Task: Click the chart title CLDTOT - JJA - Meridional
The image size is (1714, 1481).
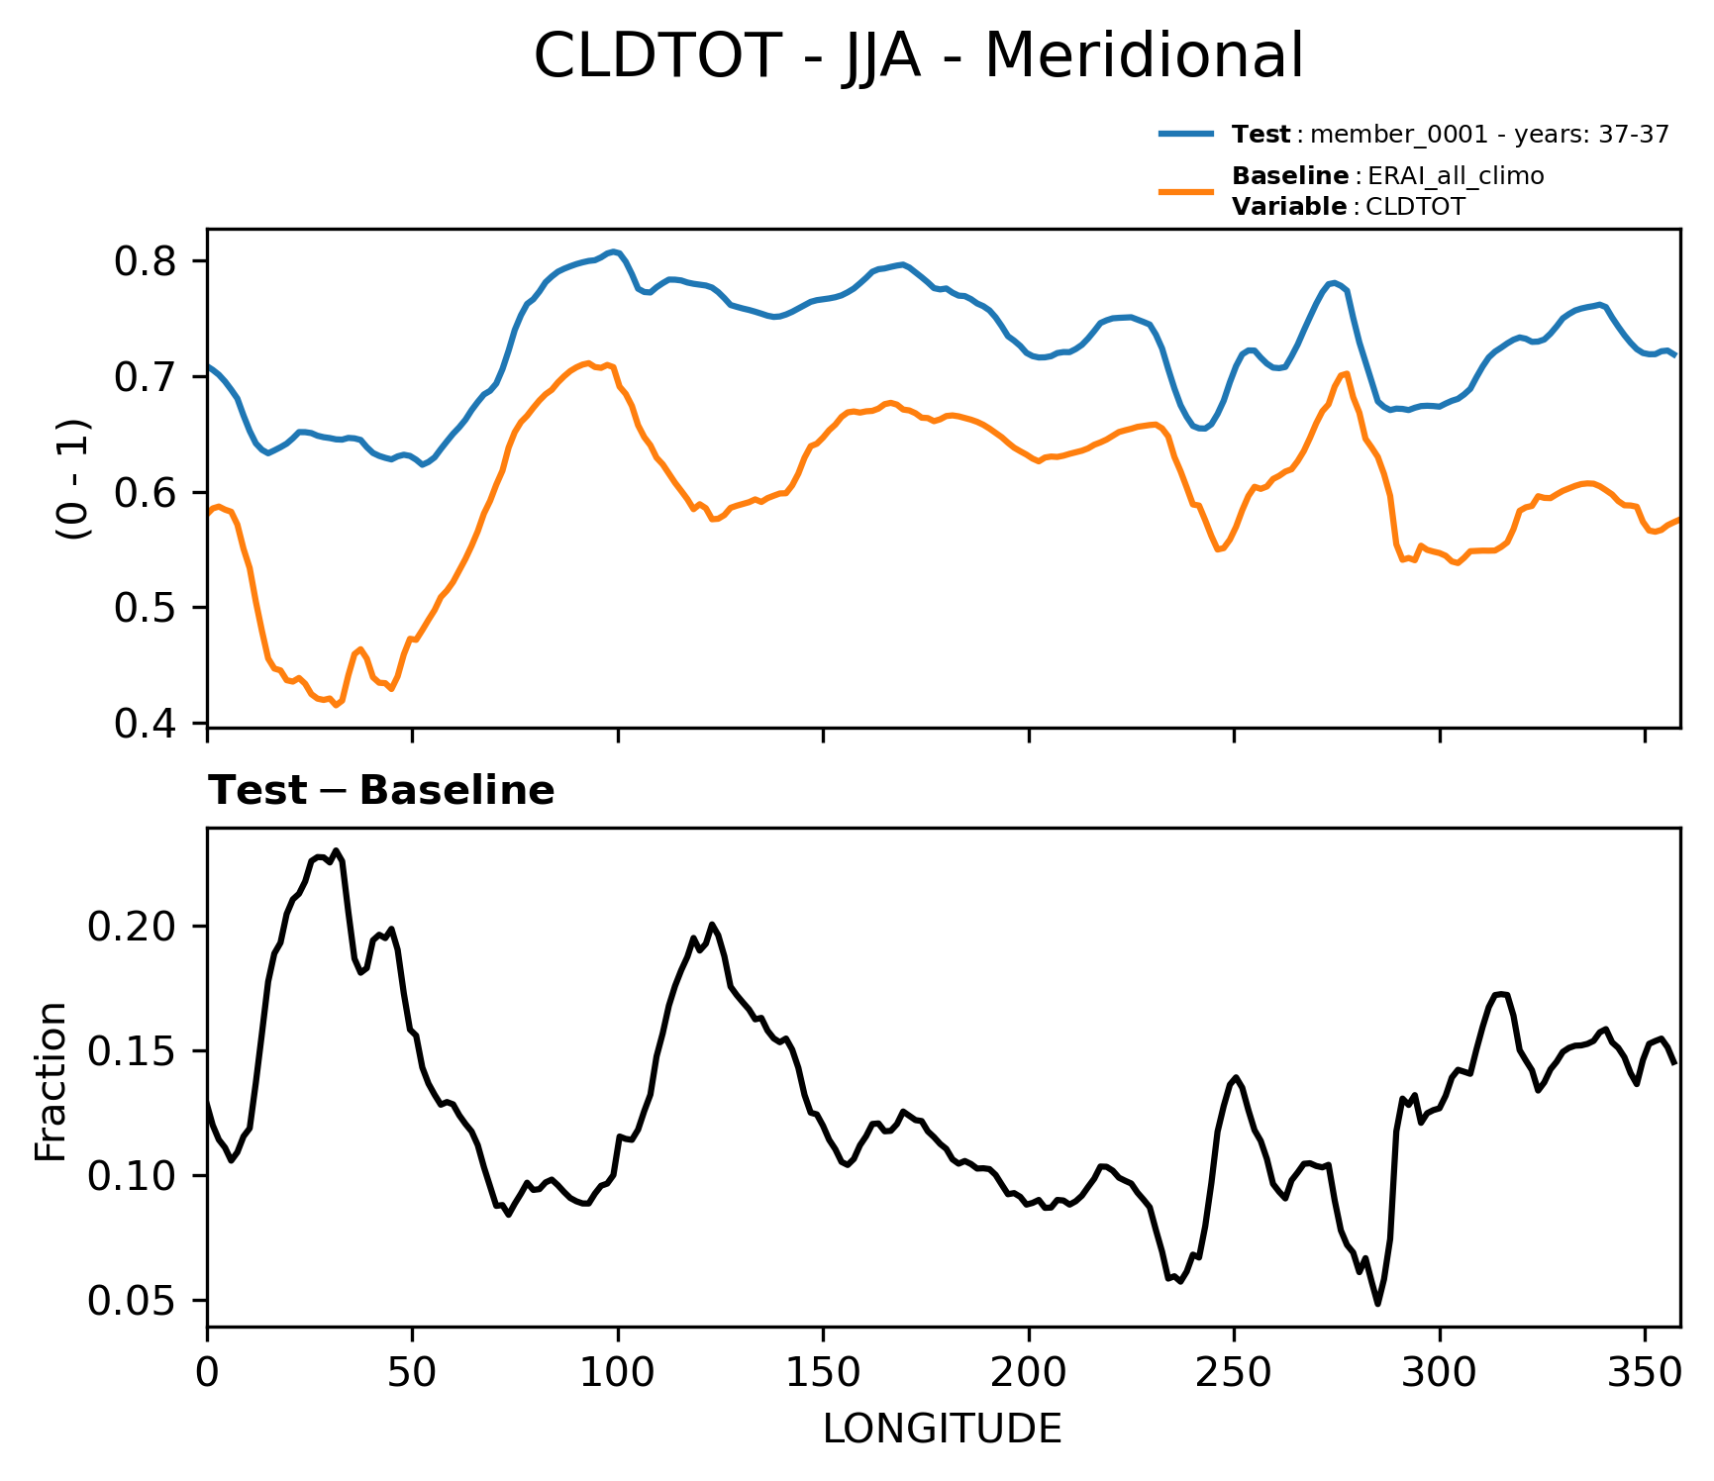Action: click(918, 56)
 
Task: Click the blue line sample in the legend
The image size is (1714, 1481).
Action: click(1186, 135)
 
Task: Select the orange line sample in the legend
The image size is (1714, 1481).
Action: click(1186, 191)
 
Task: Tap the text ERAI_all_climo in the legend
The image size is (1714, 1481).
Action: click(1455, 176)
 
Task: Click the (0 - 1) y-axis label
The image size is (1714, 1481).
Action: click(73, 479)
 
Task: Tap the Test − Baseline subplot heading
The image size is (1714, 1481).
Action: click(381, 791)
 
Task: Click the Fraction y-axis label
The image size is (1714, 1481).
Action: click(51, 1081)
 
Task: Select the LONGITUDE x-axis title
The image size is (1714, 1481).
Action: click(942, 1430)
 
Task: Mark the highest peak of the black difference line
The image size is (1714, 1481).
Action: click(336, 850)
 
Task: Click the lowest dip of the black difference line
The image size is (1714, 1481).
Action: click(1377, 1304)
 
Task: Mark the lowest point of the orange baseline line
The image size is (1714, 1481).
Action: click(336, 706)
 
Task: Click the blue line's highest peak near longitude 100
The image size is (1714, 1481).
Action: click(615, 251)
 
